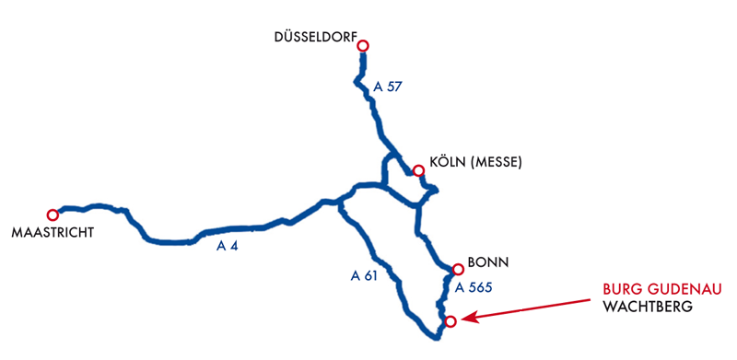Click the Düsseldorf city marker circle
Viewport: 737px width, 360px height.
[363, 45]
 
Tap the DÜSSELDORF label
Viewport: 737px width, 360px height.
[315, 38]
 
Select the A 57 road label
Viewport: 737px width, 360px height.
[389, 87]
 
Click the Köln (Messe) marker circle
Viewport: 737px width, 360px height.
[418, 170]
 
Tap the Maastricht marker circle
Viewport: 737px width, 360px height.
[53, 215]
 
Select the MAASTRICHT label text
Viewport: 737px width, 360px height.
[53, 233]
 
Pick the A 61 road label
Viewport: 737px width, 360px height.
[365, 274]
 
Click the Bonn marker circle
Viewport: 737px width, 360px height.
[458, 269]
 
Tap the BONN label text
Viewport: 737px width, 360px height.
[488, 262]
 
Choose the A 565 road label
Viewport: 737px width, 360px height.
[474, 287]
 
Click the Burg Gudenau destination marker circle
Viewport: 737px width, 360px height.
[450, 320]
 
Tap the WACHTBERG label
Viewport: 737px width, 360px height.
[646, 307]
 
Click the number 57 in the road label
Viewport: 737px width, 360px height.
[395, 87]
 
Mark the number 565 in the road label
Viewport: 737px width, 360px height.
[481, 287]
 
